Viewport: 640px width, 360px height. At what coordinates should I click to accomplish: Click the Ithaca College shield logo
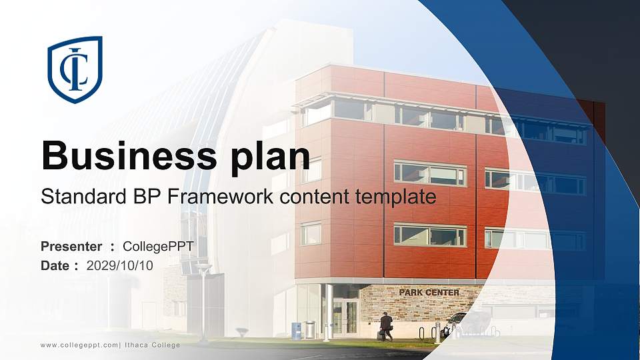pyautogui.click(x=75, y=69)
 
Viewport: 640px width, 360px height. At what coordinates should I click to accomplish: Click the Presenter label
pyautogui.click(x=71, y=247)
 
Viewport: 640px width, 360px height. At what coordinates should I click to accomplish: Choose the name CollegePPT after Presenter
pyautogui.click(x=158, y=247)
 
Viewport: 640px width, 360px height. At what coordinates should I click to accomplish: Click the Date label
pyautogui.click(x=55, y=266)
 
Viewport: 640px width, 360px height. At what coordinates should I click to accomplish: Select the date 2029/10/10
pyautogui.click(x=120, y=266)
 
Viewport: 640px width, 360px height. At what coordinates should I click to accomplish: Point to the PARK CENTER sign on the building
pyautogui.click(x=429, y=293)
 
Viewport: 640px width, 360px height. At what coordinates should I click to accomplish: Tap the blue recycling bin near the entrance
pyautogui.click(x=296, y=330)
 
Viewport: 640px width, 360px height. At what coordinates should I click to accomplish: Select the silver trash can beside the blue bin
pyautogui.click(x=310, y=329)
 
